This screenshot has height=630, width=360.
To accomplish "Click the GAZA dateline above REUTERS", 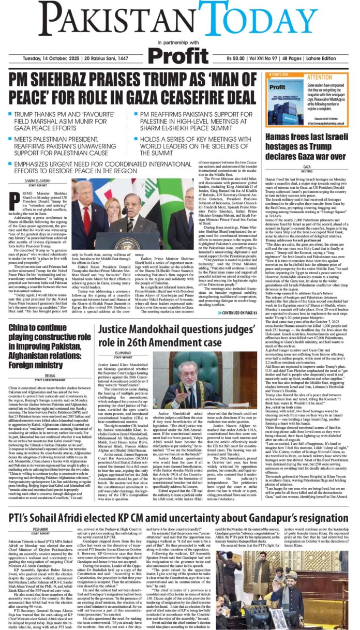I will [307, 167].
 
